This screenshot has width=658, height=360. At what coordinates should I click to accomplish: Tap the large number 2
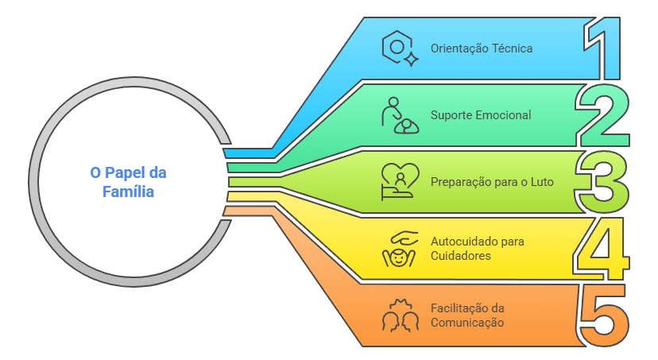pos(603,115)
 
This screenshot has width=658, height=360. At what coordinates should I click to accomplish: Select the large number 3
pos(603,182)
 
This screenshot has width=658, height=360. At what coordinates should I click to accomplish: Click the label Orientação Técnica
pos(482,48)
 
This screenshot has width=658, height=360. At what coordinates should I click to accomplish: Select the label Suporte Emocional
pos(481,115)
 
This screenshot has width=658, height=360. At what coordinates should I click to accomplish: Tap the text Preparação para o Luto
pos(492,182)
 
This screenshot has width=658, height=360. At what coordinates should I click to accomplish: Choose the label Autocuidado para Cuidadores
pos(477,249)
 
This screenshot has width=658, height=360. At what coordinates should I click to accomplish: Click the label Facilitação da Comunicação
pos(467,315)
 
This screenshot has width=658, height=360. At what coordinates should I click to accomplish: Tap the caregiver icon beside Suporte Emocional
pos(400,115)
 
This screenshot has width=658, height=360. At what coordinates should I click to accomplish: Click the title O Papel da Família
pos(129,182)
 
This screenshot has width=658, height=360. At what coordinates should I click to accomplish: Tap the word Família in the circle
pos(129,192)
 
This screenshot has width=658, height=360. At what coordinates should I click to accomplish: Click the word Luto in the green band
pos(542,182)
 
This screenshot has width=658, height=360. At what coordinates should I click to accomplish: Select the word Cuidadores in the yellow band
pos(461,256)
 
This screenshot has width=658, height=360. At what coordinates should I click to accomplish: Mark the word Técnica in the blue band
pos(513,48)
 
